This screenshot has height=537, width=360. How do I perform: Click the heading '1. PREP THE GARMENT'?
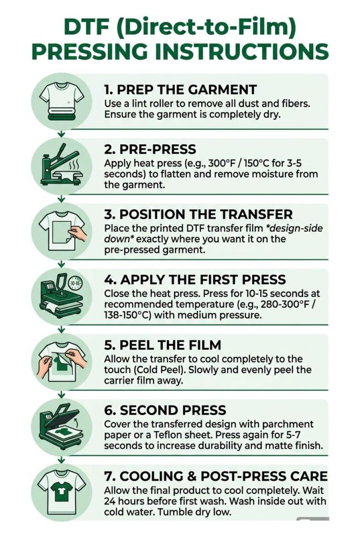click(x=180, y=90)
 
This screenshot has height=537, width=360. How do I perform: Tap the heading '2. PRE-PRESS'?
click(x=150, y=149)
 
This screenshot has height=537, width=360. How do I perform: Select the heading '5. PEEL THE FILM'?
click(x=163, y=345)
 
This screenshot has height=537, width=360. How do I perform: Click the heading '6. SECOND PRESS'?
click(x=165, y=410)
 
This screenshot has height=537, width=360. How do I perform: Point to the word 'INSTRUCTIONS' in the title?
click(x=238, y=52)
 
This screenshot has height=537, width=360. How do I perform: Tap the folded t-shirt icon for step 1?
click(x=62, y=101)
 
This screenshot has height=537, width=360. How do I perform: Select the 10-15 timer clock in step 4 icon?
click(x=75, y=283)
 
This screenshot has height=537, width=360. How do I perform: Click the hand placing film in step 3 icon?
click(x=77, y=233)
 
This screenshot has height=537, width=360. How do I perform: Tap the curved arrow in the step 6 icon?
click(x=76, y=422)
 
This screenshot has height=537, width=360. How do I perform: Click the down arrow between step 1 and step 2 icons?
click(x=61, y=134)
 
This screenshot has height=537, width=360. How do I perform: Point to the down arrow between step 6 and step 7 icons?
click(x=61, y=460)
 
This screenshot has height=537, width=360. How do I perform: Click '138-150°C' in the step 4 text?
click(x=127, y=315)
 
